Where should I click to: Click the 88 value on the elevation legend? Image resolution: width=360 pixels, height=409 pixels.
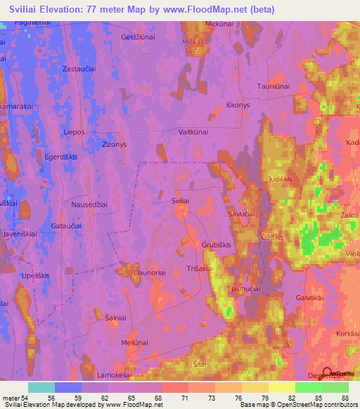[344, 398]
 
